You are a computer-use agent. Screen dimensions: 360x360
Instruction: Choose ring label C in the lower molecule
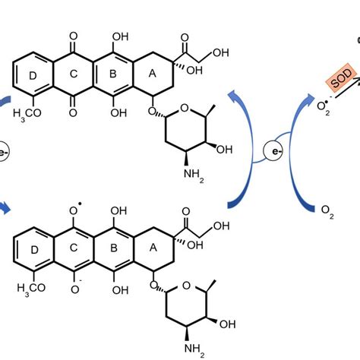point(74,246)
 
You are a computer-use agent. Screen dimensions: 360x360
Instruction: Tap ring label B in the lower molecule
point(114,246)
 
